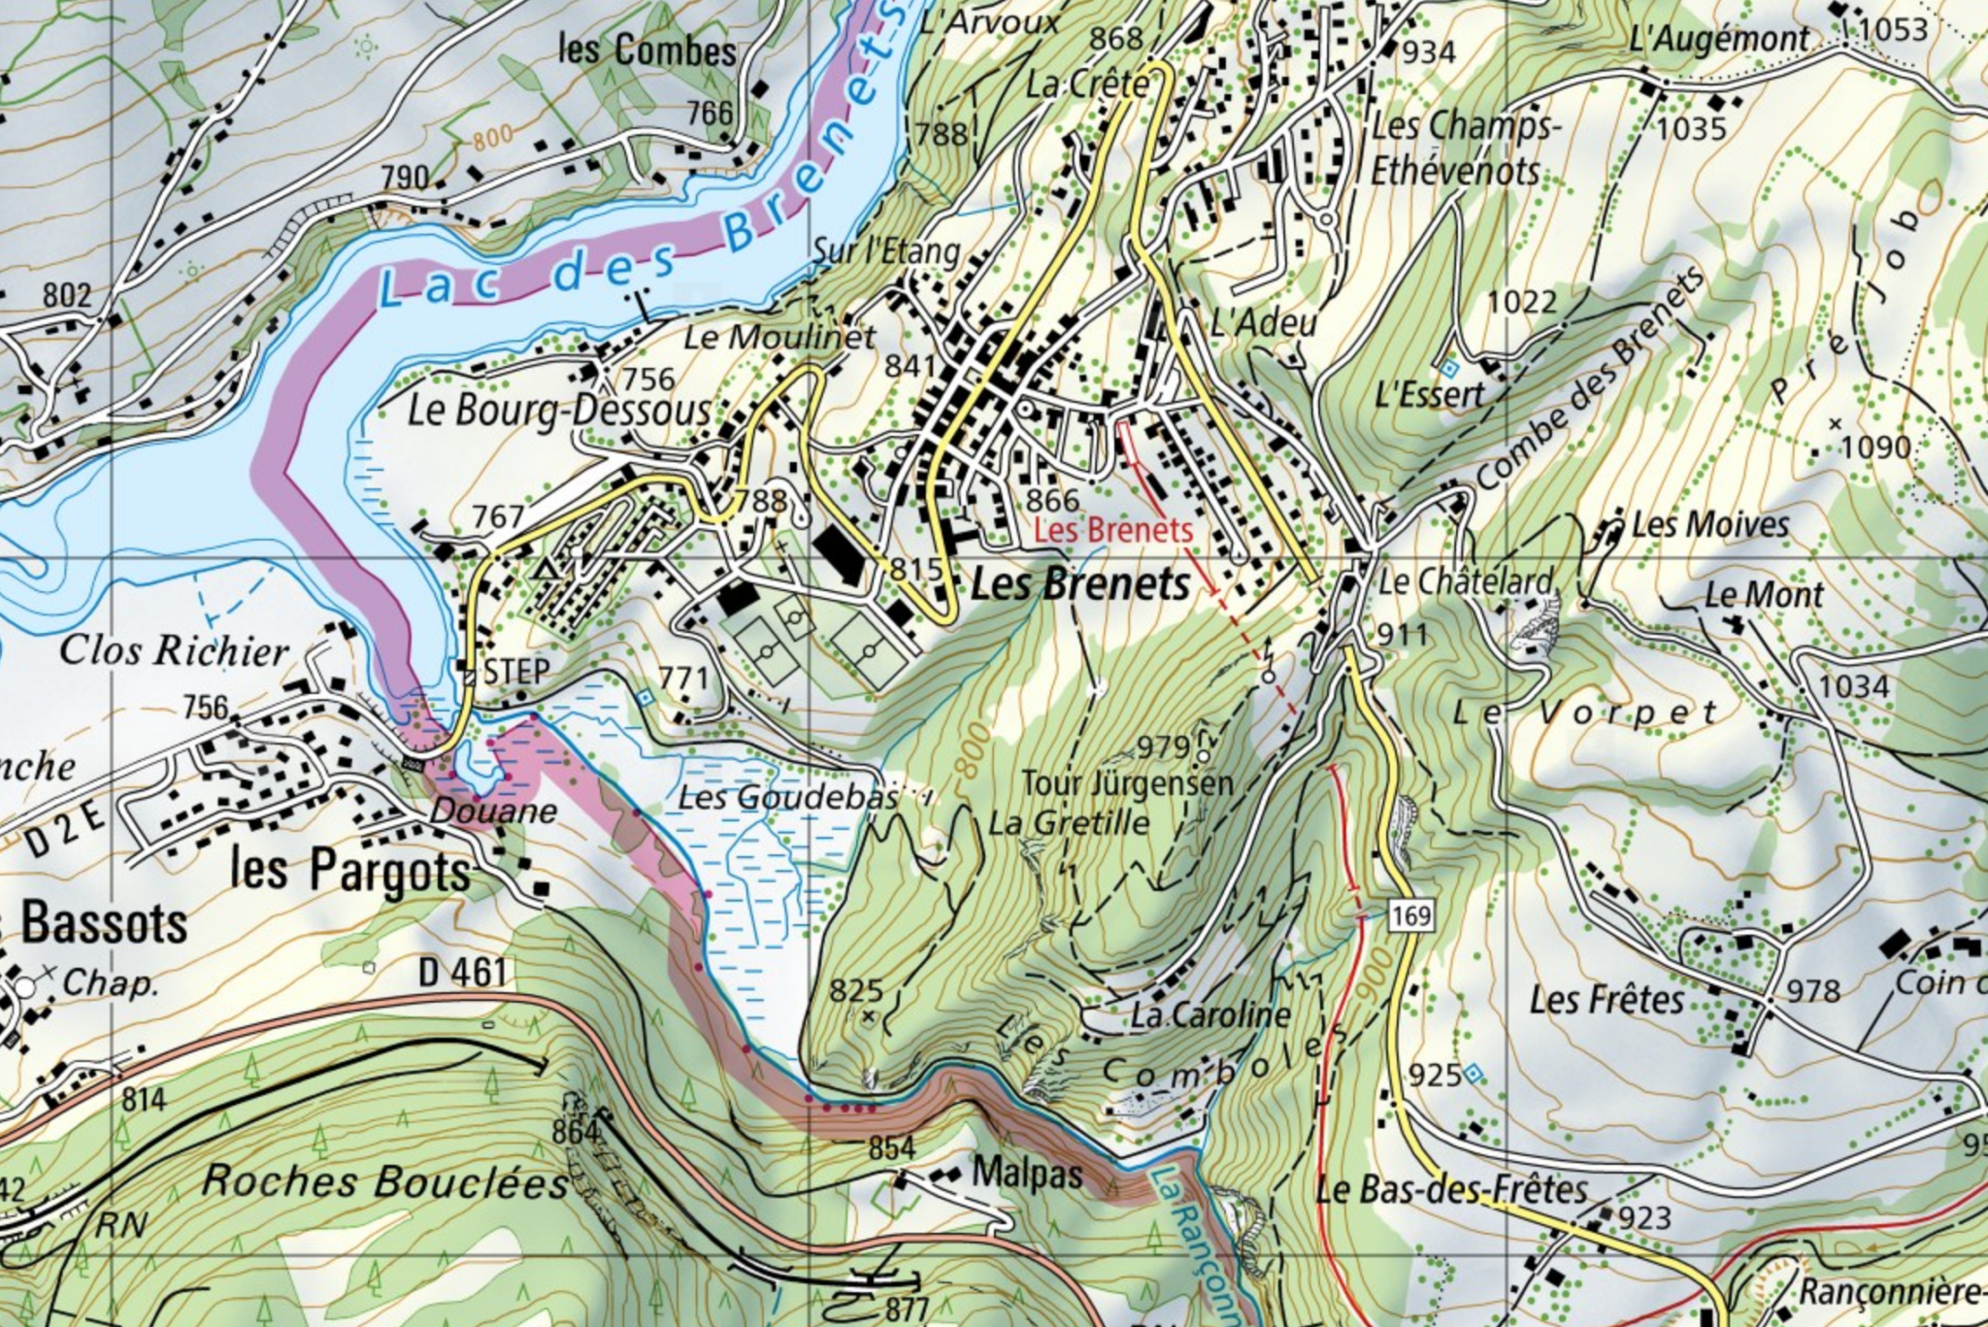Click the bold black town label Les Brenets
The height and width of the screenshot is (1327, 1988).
(x=1079, y=584)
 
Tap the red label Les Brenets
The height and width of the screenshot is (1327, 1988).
(x=1112, y=530)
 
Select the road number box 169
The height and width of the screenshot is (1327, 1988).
(x=1410, y=915)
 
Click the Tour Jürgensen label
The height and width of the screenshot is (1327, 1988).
(x=1127, y=783)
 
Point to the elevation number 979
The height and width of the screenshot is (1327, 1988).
(x=1163, y=746)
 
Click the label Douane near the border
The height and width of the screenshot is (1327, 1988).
(x=493, y=811)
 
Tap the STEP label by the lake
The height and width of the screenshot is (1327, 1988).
(x=516, y=671)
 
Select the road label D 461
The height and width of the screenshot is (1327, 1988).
(x=463, y=971)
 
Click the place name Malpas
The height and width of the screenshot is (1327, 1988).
(x=1027, y=1174)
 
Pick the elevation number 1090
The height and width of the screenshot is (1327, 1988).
(x=1875, y=448)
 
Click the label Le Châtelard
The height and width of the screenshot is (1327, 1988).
(x=1466, y=581)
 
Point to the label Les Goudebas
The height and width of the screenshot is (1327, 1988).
(x=787, y=798)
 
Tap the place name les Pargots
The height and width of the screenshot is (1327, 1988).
(x=350, y=869)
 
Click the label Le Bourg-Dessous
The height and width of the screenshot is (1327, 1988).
(x=558, y=411)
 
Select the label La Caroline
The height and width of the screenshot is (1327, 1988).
(x=1209, y=1015)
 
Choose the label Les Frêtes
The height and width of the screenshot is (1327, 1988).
(x=1607, y=999)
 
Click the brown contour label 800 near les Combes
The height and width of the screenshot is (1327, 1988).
(x=493, y=139)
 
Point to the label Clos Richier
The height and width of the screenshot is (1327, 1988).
(x=175, y=650)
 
